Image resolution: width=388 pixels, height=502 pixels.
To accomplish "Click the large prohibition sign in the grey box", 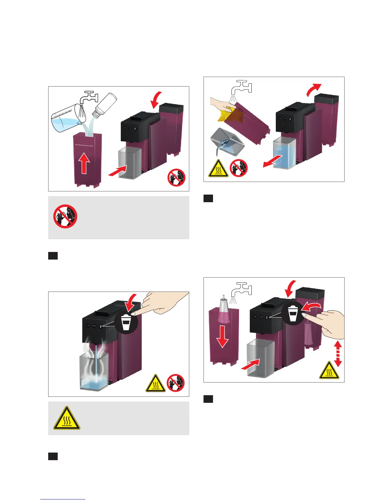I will coord(65,216).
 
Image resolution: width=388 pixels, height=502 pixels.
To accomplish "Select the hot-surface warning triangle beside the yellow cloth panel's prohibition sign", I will coord(218,168).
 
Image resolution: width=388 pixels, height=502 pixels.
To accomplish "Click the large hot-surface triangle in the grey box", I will coord(67,418).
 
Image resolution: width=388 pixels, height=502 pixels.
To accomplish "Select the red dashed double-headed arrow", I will coord(338,353).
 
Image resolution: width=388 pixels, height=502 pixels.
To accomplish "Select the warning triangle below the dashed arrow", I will coord(329,370).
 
